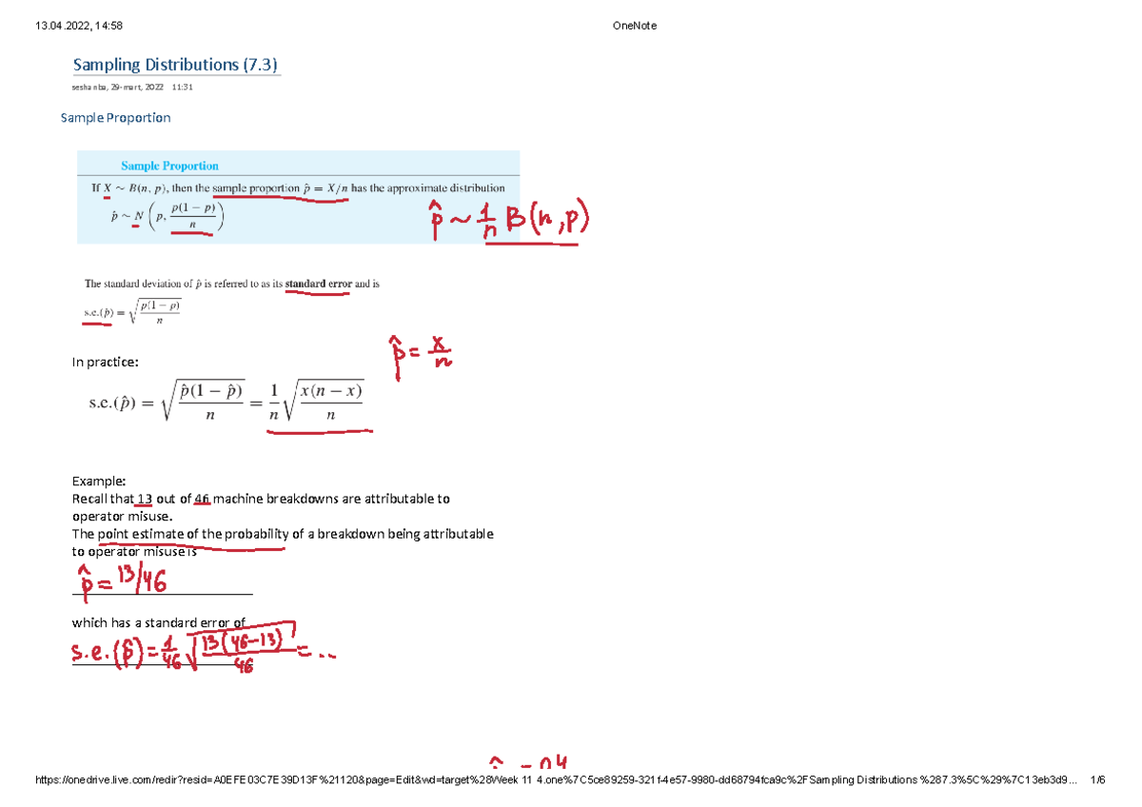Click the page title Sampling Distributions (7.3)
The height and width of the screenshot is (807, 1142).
[175, 65]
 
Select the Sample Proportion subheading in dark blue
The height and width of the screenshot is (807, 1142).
[115, 118]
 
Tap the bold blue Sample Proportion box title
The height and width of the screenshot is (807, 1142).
[169, 166]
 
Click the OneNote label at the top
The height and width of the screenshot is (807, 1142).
[636, 26]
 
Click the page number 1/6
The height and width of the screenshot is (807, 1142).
[1099, 780]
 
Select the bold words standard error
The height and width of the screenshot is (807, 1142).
[318, 284]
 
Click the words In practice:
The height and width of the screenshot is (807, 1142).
[105, 362]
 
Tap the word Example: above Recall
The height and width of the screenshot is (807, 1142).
[99, 482]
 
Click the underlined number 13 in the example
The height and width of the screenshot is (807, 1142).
[145, 499]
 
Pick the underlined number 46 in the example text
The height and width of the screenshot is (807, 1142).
[201, 499]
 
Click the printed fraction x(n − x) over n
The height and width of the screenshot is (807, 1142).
[330, 403]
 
